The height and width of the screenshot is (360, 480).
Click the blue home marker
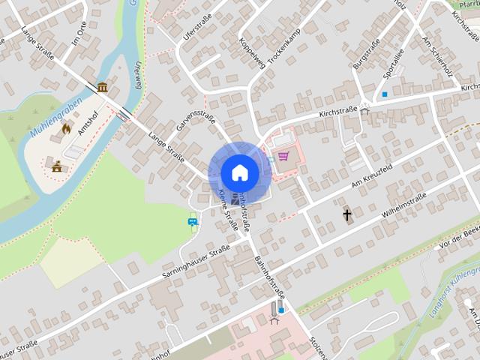(x=238, y=172)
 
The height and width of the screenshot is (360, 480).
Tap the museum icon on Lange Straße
(x=102, y=87)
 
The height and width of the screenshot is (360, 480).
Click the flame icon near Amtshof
(x=66, y=128)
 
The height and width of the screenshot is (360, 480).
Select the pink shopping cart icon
(x=283, y=156)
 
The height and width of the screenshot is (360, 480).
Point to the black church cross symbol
(x=347, y=215)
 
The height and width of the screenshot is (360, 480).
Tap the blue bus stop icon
(x=192, y=221)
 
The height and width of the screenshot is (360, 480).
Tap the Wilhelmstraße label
(x=403, y=208)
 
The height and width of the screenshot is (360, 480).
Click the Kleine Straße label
(x=228, y=210)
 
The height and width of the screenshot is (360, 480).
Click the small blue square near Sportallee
(x=385, y=94)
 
